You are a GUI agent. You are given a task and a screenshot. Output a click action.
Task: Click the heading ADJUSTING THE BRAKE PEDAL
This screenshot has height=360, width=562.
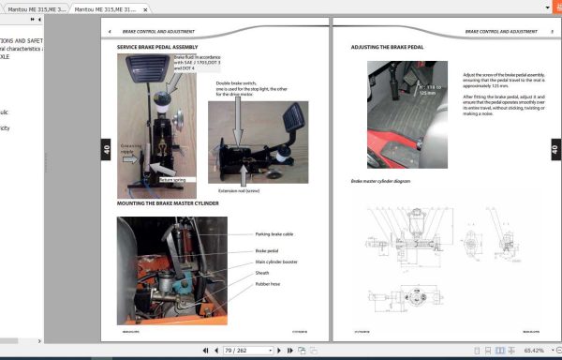388,47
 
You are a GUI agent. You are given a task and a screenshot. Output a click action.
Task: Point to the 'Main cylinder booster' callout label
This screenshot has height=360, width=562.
278,262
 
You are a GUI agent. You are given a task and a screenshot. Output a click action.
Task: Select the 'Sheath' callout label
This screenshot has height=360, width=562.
262,273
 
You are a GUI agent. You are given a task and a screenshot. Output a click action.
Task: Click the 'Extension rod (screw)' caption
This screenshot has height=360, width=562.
237,190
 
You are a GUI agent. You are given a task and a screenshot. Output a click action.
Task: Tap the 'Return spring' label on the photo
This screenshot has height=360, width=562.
171,178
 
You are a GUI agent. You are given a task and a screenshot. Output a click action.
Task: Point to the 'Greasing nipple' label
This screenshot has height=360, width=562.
130,147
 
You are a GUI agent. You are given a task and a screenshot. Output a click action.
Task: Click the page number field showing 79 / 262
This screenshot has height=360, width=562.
236,350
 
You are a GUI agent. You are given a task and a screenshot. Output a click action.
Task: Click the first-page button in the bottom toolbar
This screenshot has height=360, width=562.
205,350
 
